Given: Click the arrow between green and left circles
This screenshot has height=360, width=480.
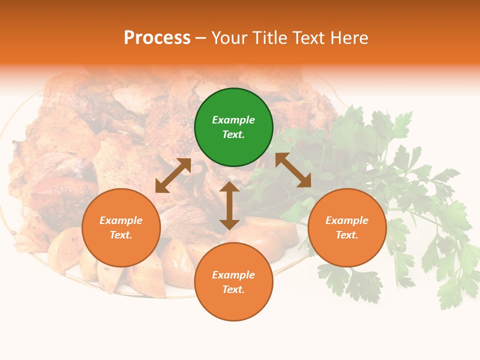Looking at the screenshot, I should tap(173, 175).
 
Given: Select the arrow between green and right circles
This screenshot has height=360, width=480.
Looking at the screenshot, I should tap(293, 170).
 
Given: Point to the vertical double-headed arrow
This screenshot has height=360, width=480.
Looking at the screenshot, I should tap(229, 205).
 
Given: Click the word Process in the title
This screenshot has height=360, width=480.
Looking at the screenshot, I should tap(157, 37).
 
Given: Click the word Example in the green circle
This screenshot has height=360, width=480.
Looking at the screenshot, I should tap(233, 120).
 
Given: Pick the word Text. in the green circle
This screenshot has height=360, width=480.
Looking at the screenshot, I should tap(233, 134).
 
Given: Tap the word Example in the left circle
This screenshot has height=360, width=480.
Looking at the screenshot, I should tap(121, 220).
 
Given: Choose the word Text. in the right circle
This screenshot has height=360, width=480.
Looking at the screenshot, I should tap(347, 235).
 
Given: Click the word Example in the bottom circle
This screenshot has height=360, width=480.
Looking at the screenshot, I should tap(233, 275).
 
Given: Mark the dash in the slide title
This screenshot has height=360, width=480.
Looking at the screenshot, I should tap(201, 38).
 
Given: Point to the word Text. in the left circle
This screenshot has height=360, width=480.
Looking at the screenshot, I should tap(121, 235).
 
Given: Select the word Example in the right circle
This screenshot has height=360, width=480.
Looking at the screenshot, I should tap(347, 220).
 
